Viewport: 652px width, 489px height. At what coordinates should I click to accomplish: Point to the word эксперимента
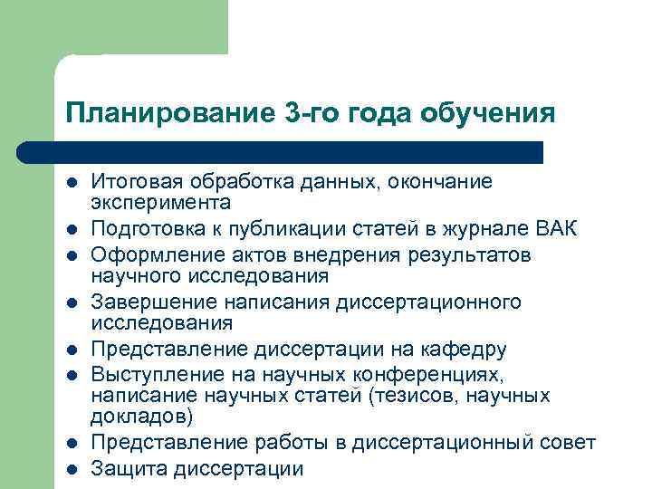[x=160, y=202]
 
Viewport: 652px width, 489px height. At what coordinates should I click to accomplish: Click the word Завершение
[x=147, y=301]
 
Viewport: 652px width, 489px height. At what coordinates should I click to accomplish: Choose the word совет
[x=569, y=444]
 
